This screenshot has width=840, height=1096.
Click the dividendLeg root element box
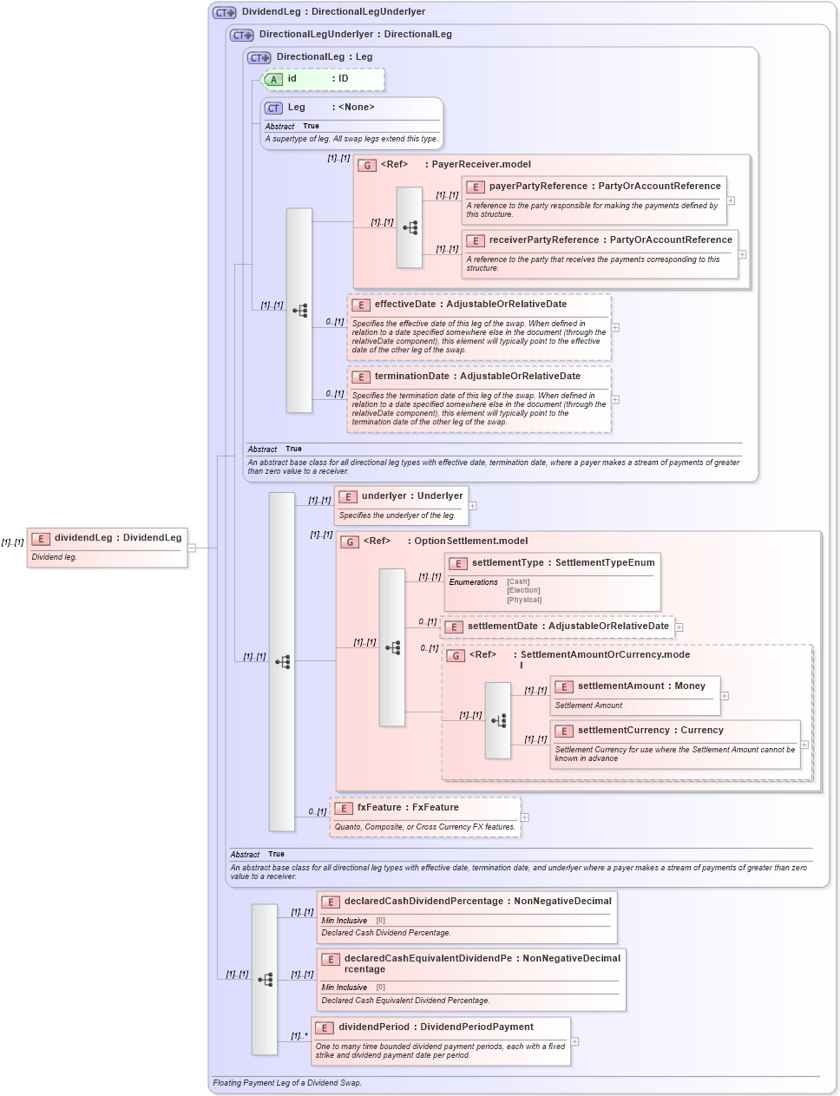tap(108, 548)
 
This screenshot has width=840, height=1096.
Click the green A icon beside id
tap(273, 80)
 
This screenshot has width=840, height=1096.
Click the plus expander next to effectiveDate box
tap(615, 328)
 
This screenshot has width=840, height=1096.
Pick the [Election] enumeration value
tap(523, 591)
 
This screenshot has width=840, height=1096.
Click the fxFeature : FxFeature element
tap(408, 808)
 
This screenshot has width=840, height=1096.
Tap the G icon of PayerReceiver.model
tap(368, 165)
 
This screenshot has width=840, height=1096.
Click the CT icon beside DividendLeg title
tap(225, 12)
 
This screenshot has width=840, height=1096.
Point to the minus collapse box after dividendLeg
tap(192, 548)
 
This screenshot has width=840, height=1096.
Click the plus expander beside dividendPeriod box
tap(574, 1041)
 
